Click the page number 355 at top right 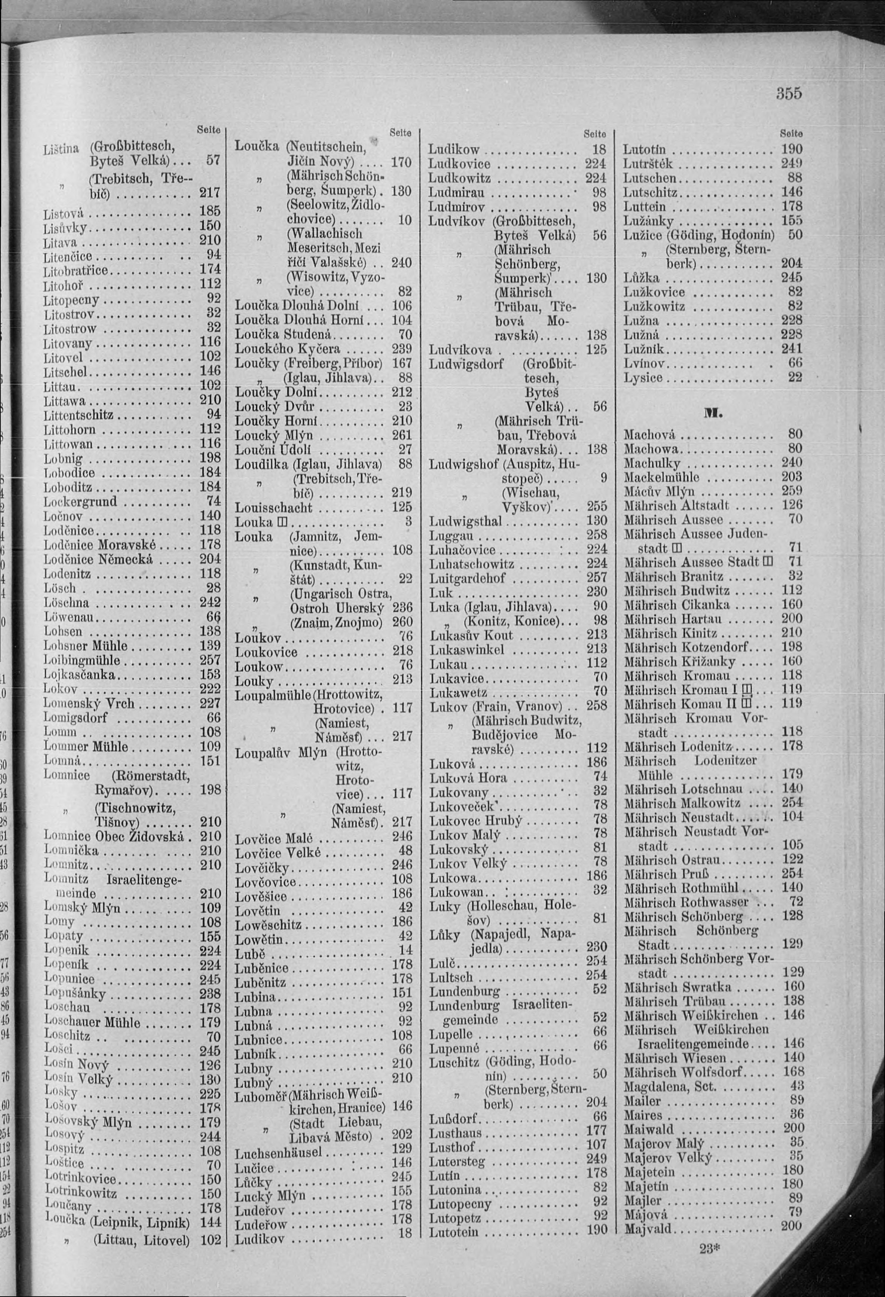[x=788, y=93]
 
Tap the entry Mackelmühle [x=661, y=477]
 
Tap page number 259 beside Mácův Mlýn [x=792, y=491]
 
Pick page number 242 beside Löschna [x=210, y=602]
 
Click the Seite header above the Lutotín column [x=791, y=134]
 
